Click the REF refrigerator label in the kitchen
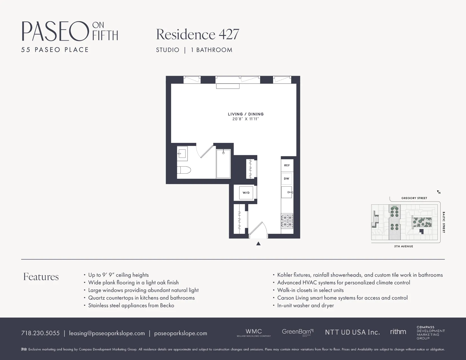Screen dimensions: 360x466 coord(287,165)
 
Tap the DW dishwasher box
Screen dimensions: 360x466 coord(287,179)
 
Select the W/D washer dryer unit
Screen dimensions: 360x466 coord(246,193)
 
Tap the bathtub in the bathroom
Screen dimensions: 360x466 coord(223,164)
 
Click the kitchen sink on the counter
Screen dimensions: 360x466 coord(287,192)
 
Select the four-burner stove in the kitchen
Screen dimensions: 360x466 coord(287,221)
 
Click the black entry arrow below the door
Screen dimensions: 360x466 coord(258,244)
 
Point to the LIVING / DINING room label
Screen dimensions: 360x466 coord(246,114)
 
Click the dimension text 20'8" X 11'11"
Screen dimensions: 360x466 coord(246,119)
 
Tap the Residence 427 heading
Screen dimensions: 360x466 coord(197,34)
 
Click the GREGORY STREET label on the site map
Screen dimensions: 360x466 coord(414,198)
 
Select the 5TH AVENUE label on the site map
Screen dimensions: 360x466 coord(404,246)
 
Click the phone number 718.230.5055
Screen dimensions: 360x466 coord(40,333)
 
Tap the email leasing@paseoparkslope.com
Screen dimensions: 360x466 coord(107,333)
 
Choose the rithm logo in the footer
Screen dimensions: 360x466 coord(398,332)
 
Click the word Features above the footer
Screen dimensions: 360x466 coord(41,277)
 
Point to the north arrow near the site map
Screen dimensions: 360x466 coord(439,192)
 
